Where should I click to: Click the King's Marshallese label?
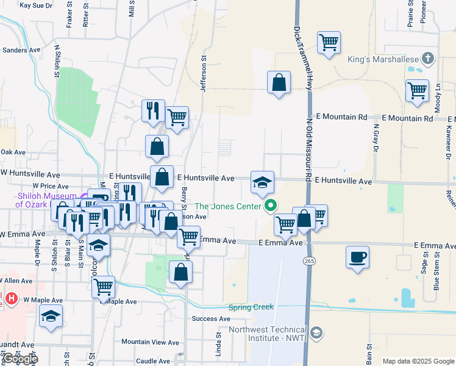point(382,59)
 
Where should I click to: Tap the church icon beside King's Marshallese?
point(429,59)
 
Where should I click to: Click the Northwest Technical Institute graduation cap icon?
point(316,333)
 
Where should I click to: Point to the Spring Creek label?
point(251,307)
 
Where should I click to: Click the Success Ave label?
point(210,318)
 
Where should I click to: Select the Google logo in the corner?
point(20,359)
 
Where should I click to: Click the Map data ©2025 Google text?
point(418,361)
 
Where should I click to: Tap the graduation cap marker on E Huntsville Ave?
point(262,182)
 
